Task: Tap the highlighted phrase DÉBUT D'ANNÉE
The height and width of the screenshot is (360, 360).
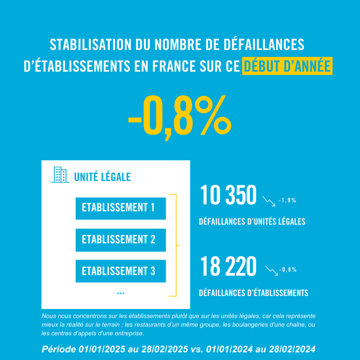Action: (287, 66)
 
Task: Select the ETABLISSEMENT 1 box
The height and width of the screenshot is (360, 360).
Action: (121, 208)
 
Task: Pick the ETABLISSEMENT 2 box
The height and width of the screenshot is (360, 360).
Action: (121, 240)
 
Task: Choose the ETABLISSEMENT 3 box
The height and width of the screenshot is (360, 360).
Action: (121, 271)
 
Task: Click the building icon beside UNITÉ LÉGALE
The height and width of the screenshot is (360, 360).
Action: (60, 175)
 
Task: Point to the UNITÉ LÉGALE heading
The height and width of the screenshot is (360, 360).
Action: (102, 177)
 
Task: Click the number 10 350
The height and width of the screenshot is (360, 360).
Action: (228, 196)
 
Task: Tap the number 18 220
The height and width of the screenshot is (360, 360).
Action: (228, 267)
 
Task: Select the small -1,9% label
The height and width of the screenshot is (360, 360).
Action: (287, 201)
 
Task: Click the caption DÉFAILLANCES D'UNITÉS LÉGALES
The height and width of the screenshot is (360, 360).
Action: (252, 222)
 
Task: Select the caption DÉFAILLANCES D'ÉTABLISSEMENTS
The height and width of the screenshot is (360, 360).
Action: (253, 292)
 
